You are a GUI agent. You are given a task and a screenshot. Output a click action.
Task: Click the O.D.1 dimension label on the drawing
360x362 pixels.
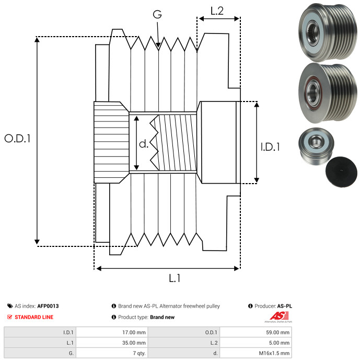[x=17, y=139]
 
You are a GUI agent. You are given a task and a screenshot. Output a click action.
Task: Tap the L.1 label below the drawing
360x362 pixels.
[x=175, y=278]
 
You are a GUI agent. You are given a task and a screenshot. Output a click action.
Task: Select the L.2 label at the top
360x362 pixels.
[x=217, y=10]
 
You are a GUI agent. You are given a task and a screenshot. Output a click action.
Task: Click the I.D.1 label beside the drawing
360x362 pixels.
[x=270, y=148]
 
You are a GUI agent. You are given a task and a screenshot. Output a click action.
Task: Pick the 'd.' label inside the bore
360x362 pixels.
[x=143, y=144]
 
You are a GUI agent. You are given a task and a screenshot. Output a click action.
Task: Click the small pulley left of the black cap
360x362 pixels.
[x=313, y=146]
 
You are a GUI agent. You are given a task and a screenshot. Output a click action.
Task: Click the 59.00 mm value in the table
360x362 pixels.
[x=279, y=332]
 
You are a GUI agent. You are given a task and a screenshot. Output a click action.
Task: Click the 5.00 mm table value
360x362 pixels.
[x=280, y=343]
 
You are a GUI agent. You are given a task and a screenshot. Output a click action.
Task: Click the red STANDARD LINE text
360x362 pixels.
[x=33, y=317]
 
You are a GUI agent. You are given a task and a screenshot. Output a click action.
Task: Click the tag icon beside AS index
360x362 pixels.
[x=10, y=306]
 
